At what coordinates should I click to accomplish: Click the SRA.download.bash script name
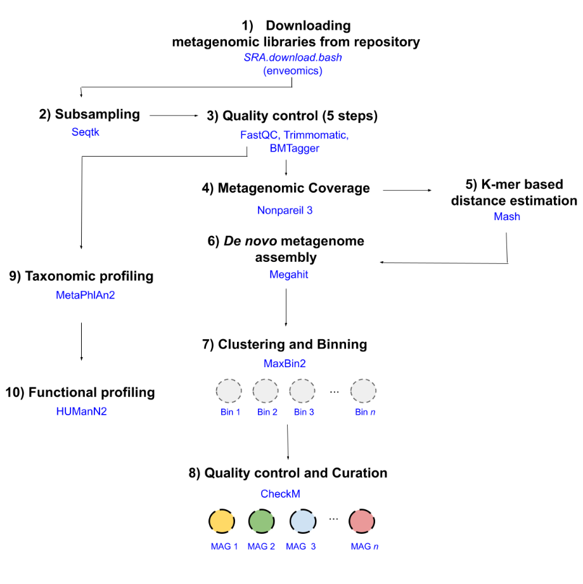[x=293, y=57]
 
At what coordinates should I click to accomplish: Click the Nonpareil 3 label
[x=285, y=211]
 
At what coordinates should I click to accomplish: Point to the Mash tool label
[x=507, y=217]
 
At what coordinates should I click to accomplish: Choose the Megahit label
[x=289, y=275]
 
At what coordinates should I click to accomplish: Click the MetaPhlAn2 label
[x=86, y=295]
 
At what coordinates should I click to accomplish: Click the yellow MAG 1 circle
[x=221, y=521]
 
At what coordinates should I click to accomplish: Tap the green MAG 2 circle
[x=261, y=521]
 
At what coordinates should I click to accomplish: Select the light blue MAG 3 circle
[x=302, y=521]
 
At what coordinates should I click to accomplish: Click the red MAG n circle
[x=362, y=521]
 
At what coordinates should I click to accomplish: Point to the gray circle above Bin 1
[x=228, y=391]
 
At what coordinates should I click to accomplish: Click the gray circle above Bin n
[x=363, y=391]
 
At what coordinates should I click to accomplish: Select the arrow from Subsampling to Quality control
[x=174, y=115]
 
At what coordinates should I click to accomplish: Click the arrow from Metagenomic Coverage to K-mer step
[x=407, y=189]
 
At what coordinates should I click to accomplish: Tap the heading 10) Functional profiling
[x=80, y=393]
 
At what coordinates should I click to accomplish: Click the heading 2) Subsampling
[x=89, y=115]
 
